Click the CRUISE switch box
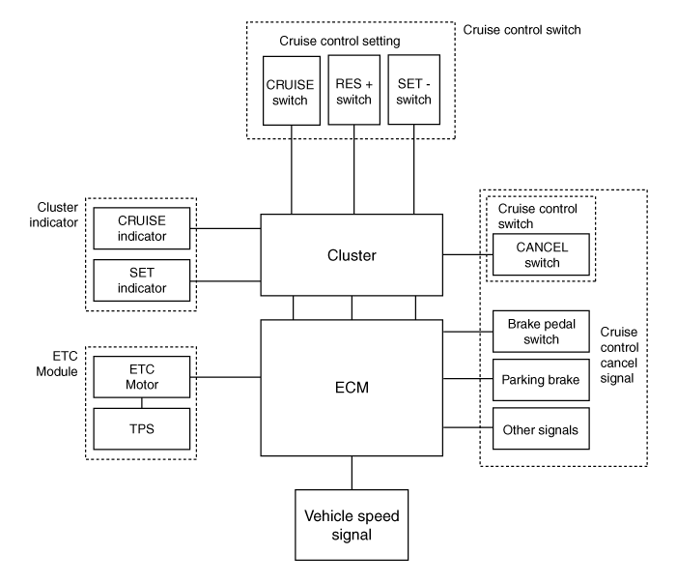(292, 91)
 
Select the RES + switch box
(354, 90)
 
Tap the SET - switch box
(414, 90)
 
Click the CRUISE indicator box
(142, 228)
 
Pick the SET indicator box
(142, 280)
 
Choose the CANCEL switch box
(541, 254)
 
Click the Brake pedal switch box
(541, 332)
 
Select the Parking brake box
(541, 380)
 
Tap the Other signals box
(541, 428)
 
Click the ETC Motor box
(142, 377)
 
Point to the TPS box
(142, 428)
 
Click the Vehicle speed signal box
(352, 525)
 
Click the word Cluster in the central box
(352, 255)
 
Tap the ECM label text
(352, 388)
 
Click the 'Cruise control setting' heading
(340, 41)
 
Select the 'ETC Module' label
(57, 364)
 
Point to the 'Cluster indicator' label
(54, 215)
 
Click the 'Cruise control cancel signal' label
(619, 355)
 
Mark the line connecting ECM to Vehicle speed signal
(352, 473)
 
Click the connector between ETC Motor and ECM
(225, 377)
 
